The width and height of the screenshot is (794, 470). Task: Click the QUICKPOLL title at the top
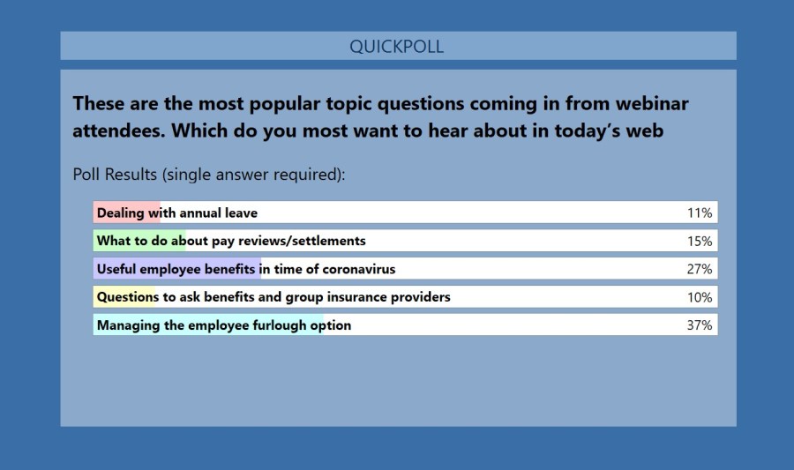click(x=397, y=47)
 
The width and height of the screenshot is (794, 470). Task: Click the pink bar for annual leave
click(x=127, y=213)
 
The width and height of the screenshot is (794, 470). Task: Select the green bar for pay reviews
click(x=139, y=241)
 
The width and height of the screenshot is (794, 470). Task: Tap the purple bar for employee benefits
click(x=176, y=269)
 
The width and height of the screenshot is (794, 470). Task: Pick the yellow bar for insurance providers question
click(x=124, y=297)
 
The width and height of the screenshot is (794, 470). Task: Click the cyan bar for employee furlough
click(x=208, y=325)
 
